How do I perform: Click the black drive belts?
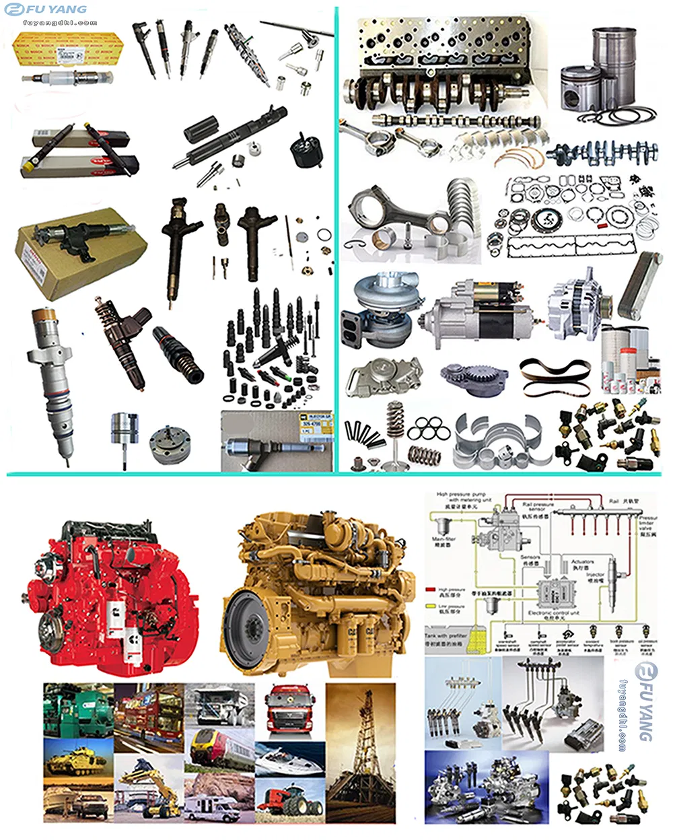pos(555,377)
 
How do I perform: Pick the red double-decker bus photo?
pos(149,717)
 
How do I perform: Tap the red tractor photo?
pos(290,801)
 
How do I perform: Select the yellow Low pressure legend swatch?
pos(431,606)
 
